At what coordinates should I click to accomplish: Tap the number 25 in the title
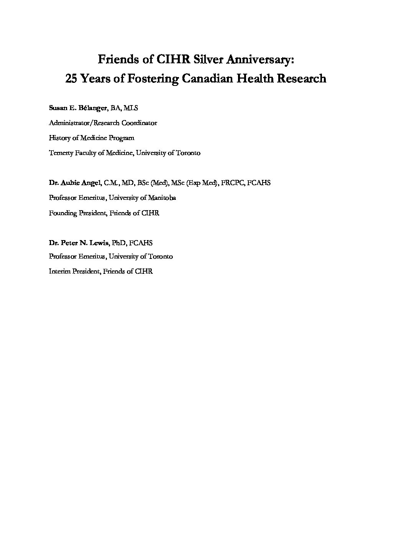(72, 79)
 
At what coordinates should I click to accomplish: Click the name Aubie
(69, 183)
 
